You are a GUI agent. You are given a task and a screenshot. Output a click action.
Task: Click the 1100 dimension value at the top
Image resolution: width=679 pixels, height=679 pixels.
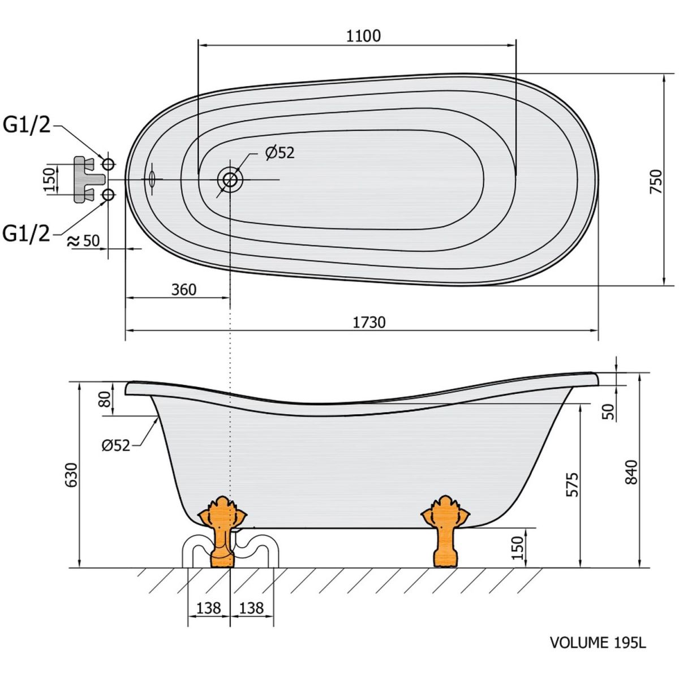coord(363,36)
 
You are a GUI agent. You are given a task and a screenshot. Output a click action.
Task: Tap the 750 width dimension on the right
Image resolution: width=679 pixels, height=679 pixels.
coord(656,181)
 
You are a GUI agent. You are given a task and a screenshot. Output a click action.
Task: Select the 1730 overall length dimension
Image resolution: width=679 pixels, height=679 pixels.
coord(369,322)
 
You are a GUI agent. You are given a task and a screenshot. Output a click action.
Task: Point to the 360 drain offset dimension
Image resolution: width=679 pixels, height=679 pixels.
coord(184,290)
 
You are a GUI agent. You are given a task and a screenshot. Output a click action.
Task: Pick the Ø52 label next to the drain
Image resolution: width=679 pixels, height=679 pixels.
coord(280,153)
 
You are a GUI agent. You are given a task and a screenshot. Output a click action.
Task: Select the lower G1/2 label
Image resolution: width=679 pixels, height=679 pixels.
coord(26,233)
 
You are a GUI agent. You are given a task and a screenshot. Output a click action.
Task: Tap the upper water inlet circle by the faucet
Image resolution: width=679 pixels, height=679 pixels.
coord(108,164)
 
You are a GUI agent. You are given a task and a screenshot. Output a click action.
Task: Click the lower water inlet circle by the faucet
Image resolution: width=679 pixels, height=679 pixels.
coord(108,195)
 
